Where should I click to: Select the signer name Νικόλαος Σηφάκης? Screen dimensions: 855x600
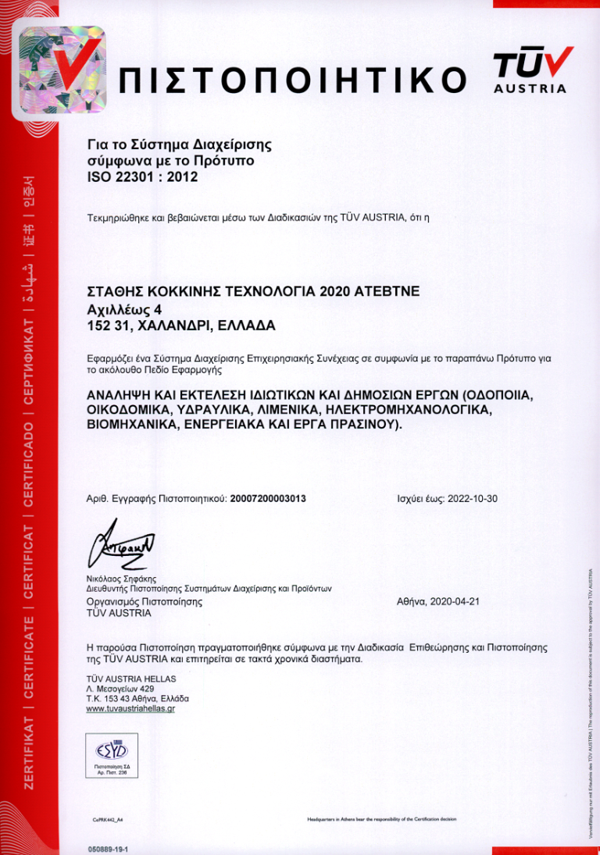pos(122,579)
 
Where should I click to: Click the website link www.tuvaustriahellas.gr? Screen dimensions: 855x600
pos(130,709)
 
